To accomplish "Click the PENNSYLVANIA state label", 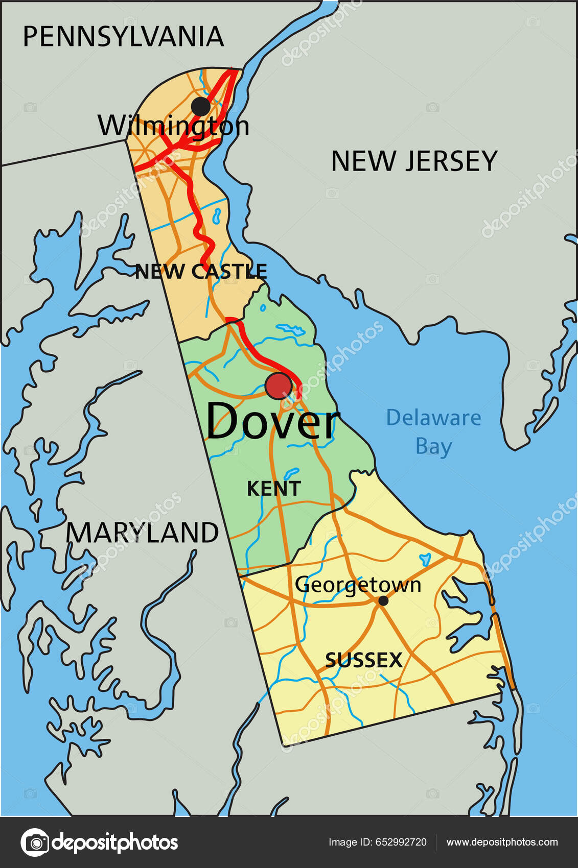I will pyautogui.click(x=123, y=37).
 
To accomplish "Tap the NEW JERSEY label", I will pyautogui.click(x=414, y=161).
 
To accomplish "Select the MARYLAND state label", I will pyautogui.click(x=142, y=533).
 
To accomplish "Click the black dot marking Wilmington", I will pyautogui.click(x=201, y=106).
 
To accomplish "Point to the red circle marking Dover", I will pyautogui.click(x=279, y=386).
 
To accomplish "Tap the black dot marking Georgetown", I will pyautogui.click(x=383, y=601).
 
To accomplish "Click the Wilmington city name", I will pyautogui.click(x=173, y=126).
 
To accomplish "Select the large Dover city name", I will pyautogui.click(x=272, y=422).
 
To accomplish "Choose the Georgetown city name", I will pyautogui.click(x=358, y=585).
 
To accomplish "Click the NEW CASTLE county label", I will pyautogui.click(x=201, y=271).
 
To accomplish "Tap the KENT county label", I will pyautogui.click(x=274, y=489).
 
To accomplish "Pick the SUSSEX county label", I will pyautogui.click(x=364, y=660).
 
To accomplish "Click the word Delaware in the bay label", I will pyautogui.click(x=433, y=418).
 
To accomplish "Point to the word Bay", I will pyautogui.click(x=433, y=446).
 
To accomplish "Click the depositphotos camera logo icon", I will pyautogui.click(x=35, y=842).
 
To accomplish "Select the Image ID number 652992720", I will pyautogui.click(x=401, y=842).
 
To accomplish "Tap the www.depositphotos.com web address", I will pyautogui.click(x=502, y=842).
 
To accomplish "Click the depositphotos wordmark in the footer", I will pyautogui.click(x=115, y=842).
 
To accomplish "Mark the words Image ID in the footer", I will pyautogui.click(x=350, y=842).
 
